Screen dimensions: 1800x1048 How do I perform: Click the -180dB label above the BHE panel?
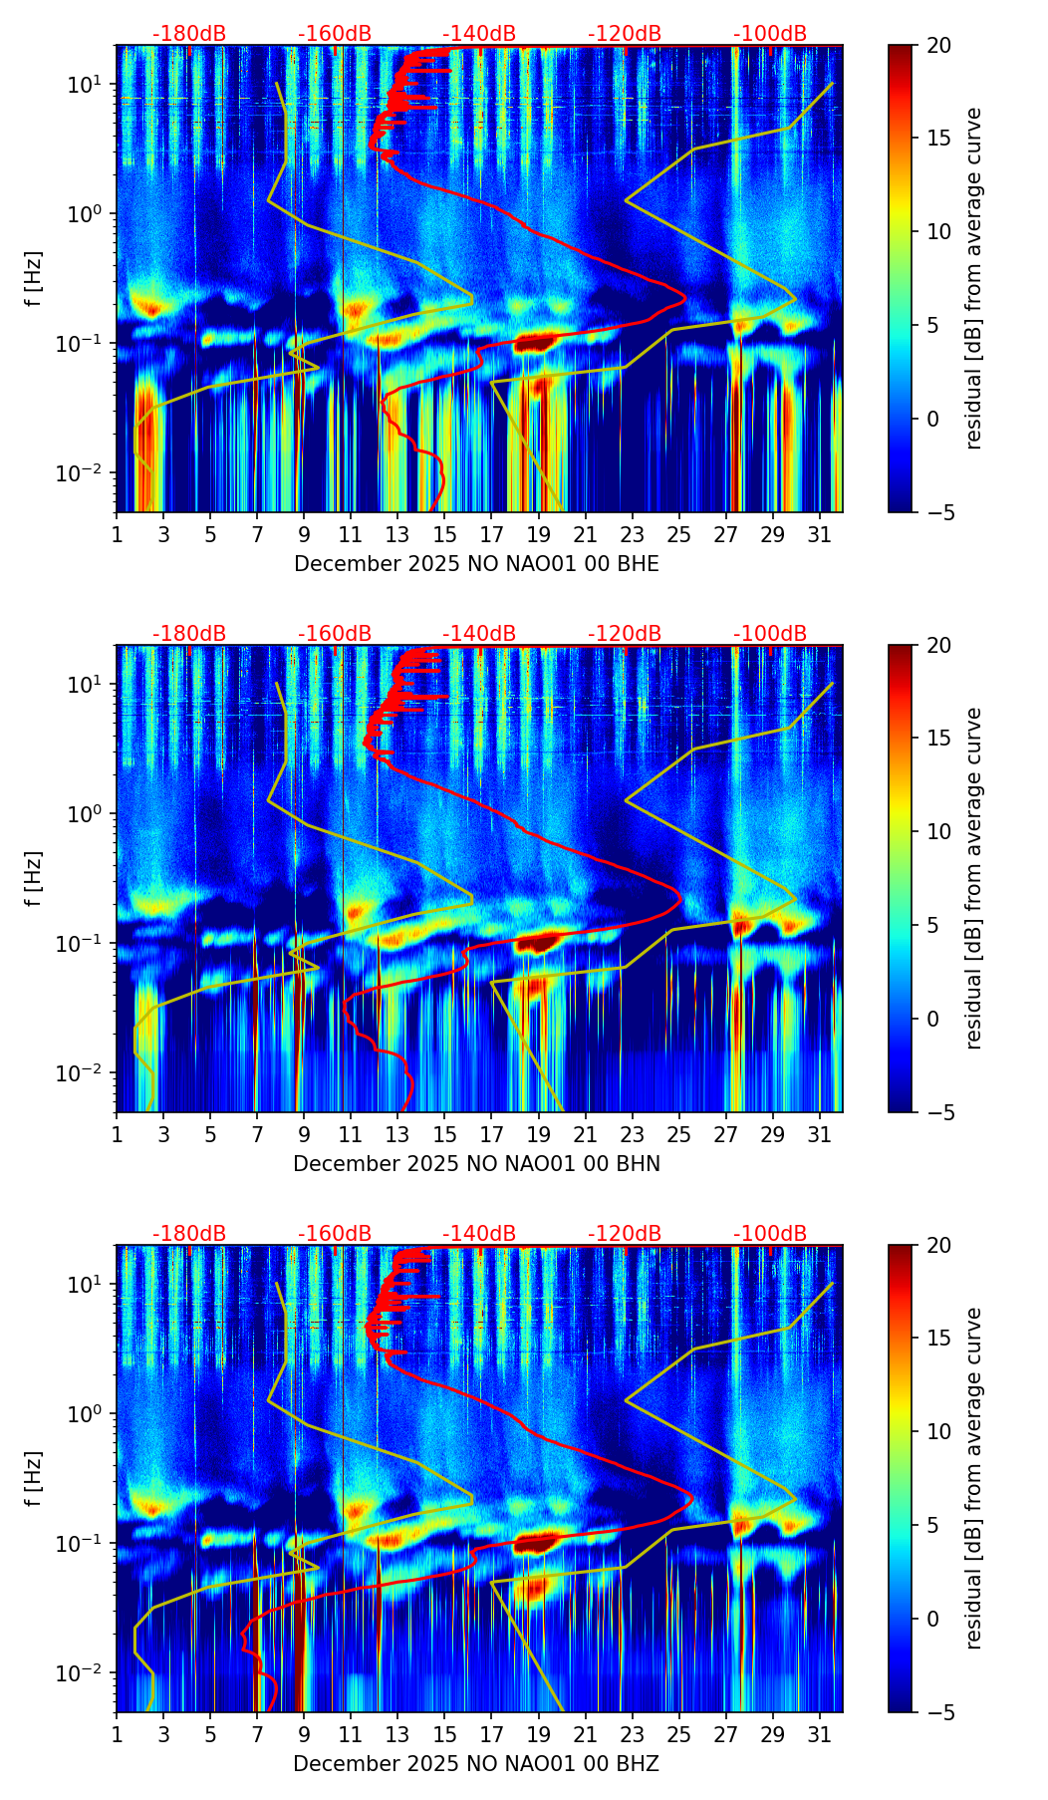tap(189, 34)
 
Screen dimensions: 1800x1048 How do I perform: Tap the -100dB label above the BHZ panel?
tap(770, 1234)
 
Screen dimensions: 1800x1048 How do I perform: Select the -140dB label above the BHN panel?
tap(479, 634)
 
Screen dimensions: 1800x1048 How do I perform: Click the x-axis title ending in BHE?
tap(476, 564)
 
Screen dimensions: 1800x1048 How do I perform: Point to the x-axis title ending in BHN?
tap(476, 1164)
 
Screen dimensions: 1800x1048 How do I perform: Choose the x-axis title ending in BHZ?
tap(476, 1764)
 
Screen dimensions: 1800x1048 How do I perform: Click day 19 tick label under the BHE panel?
tap(538, 534)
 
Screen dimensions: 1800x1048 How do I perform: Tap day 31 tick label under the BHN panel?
tap(819, 1134)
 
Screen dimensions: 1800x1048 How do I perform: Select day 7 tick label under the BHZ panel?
tap(257, 1734)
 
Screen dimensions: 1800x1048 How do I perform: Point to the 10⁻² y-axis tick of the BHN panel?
tap(88, 1072)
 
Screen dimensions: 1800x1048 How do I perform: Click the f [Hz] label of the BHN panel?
tap(34, 878)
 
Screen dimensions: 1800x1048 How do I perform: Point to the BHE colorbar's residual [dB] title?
tap(973, 278)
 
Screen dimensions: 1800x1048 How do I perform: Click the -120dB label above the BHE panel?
tap(625, 34)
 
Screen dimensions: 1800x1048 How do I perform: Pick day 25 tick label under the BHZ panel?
tap(678, 1734)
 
